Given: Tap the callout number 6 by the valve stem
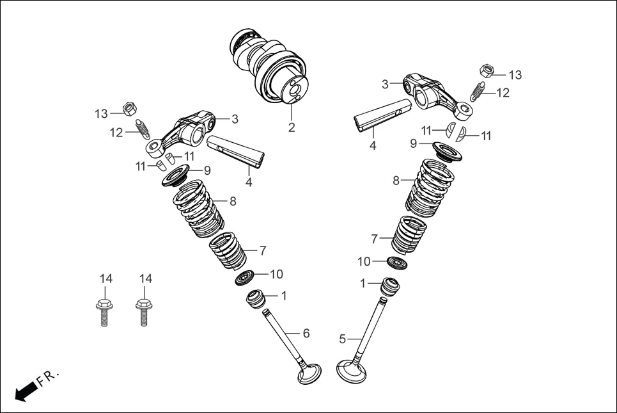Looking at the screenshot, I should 306,333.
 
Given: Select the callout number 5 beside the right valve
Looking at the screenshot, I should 342,338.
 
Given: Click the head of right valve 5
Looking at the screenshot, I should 351,370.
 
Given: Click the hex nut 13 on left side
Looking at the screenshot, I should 128,109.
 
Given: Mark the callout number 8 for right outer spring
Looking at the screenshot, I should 396,181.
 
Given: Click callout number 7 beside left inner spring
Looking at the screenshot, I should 262,250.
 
